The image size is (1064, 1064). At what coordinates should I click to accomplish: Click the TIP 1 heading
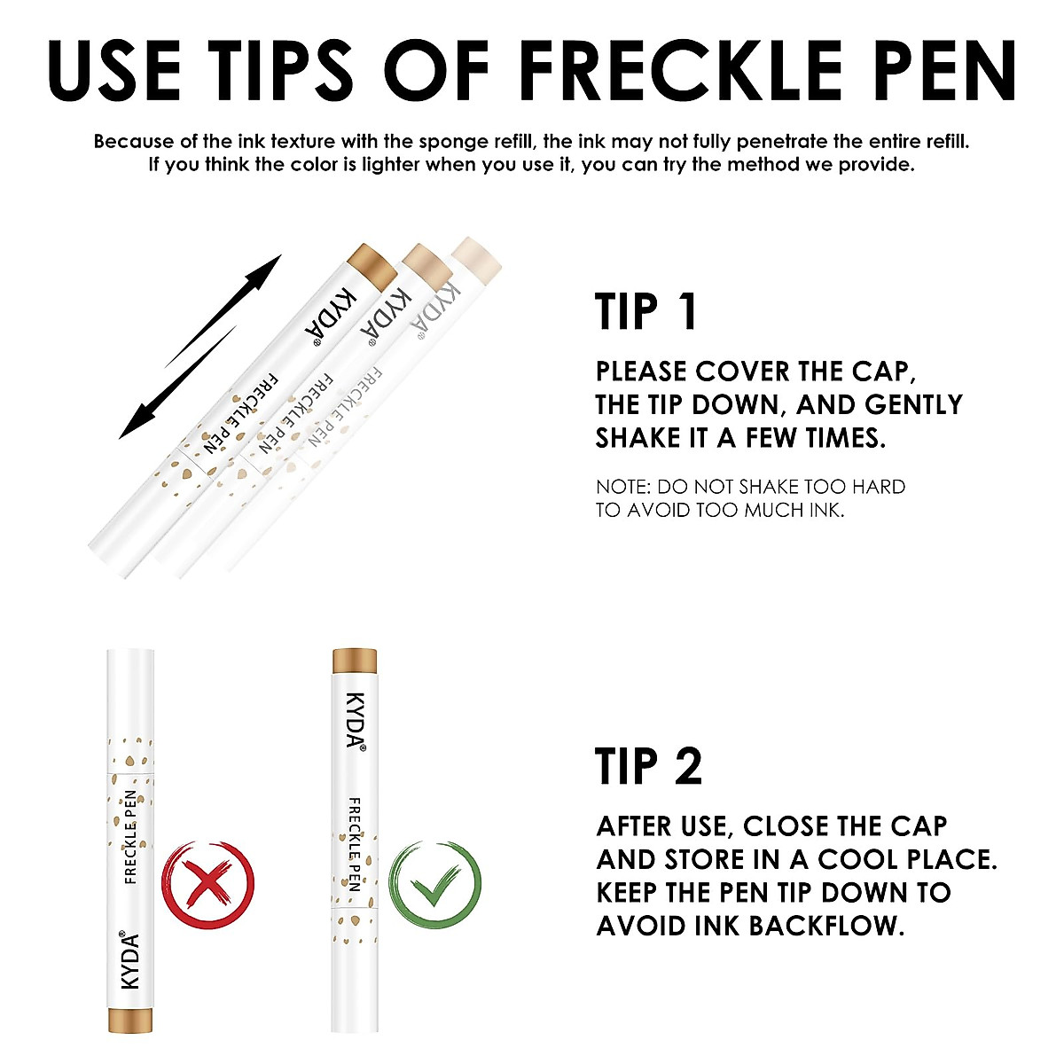click(x=646, y=312)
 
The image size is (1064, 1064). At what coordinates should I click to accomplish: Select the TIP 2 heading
click(x=649, y=766)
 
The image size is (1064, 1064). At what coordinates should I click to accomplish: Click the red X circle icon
click(x=207, y=883)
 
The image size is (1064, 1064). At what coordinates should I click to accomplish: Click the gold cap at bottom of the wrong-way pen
click(x=132, y=1020)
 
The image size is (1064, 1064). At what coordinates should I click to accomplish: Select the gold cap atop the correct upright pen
click(x=355, y=661)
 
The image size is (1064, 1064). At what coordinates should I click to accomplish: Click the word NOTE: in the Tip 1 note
click(x=623, y=487)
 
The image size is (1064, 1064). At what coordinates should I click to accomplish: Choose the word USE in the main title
click(x=114, y=70)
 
